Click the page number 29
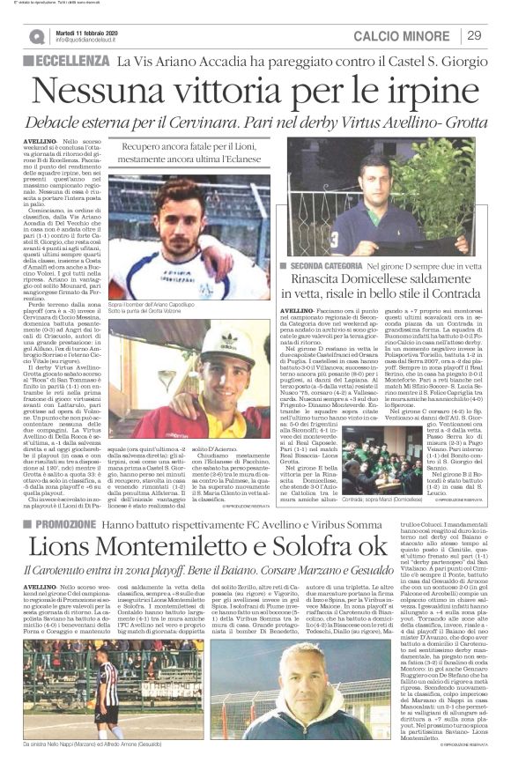(x=473, y=35)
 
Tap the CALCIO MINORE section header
(x=406, y=35)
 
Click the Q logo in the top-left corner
(x=35, y=36)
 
